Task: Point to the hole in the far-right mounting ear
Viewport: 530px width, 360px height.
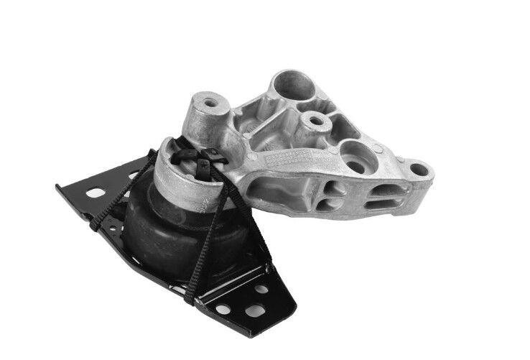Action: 419,171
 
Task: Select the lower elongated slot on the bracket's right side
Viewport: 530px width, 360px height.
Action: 378,206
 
